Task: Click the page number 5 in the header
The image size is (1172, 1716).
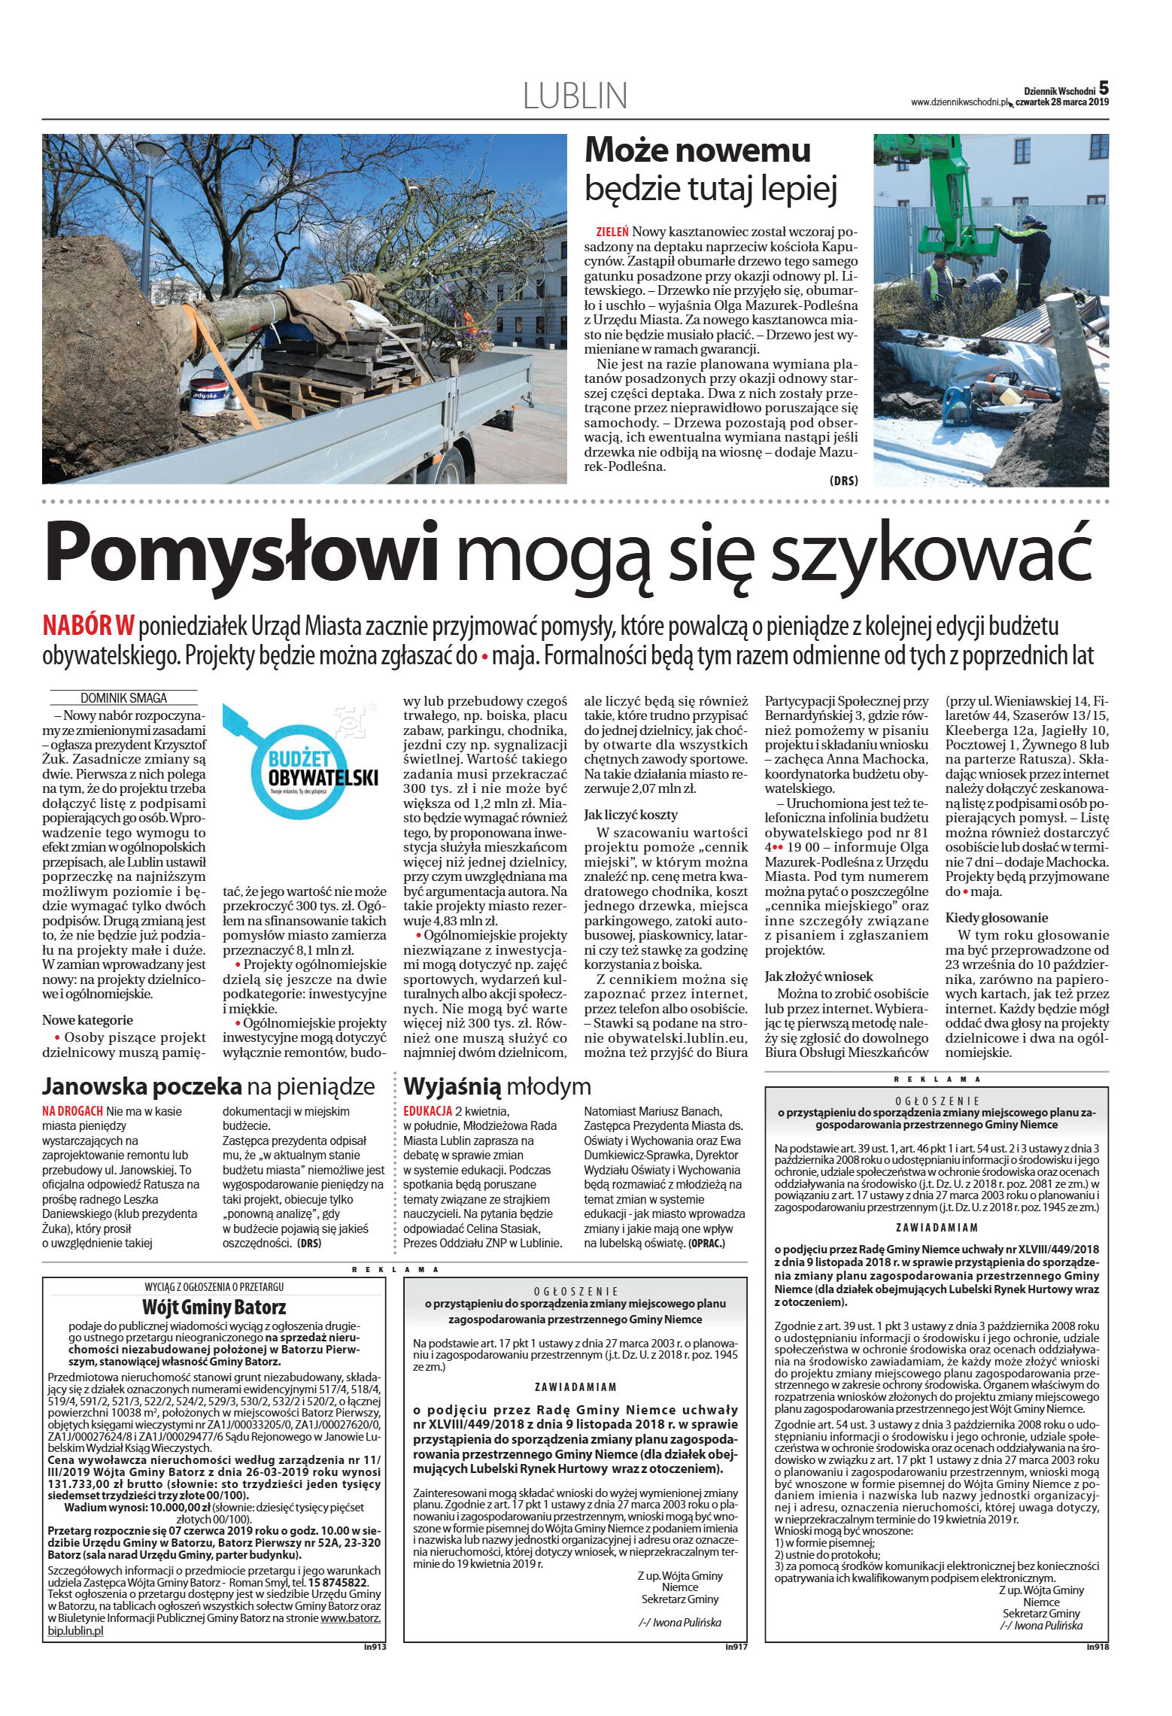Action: pos(1104,87)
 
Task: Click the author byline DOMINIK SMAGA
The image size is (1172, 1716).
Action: pos(123,697)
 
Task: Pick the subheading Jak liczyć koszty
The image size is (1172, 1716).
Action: pos(630,814)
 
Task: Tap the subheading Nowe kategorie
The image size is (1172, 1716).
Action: pos(87,1020)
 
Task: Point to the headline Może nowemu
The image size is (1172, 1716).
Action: pos(697,150)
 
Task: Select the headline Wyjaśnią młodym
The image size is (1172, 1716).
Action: pos(497,1086)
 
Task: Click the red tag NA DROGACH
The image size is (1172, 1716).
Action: pos(72,1111)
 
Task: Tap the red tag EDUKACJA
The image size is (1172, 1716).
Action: pos(427,1111)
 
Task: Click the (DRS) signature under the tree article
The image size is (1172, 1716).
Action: pos(843,480)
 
